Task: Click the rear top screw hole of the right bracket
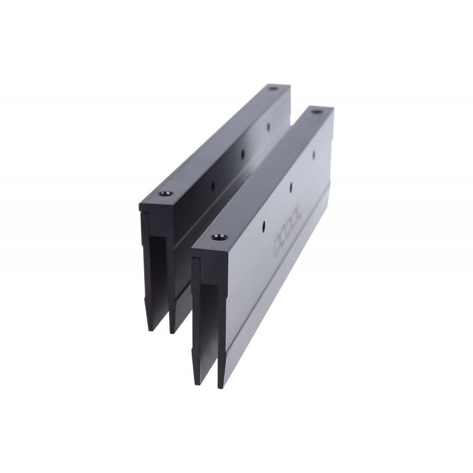(x=315, y=111)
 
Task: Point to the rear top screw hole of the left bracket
(x=273, y=89)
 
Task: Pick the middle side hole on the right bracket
(x=291, y=188)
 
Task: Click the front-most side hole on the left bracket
(x=213, y=184)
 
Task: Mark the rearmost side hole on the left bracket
(x=267, y=126)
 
